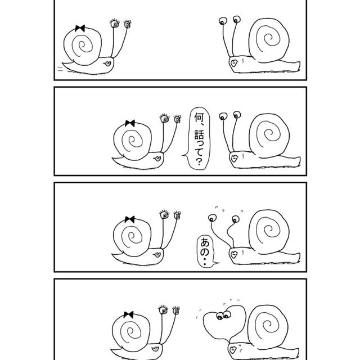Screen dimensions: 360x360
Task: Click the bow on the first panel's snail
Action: pos(80,28)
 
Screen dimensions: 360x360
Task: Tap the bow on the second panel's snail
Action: pos(130,123)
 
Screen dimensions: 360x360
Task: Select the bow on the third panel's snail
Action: pos(129,219)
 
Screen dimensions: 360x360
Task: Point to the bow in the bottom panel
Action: pos(128,315)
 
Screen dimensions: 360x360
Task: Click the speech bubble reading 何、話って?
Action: pos(199,139)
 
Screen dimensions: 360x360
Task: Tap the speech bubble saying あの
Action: pos(206,251)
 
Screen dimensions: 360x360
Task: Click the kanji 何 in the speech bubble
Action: pos(199,118)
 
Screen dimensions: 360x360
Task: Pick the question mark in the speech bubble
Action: pos(199,162)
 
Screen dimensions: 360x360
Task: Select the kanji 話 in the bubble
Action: pos(199,135)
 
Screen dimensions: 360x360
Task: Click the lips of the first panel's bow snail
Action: pos(107,64)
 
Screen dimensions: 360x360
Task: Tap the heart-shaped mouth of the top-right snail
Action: pos(234,63)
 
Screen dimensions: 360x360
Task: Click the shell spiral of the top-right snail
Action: pos(269,40)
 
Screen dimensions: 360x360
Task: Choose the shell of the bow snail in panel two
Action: pos(133,141)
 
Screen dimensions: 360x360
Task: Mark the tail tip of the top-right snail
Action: pos(299,66)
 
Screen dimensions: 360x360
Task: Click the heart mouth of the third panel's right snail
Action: pos(234,254)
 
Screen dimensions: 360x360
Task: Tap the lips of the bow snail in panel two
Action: pos(157,159)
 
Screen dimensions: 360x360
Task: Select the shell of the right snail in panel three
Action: pos(269,231)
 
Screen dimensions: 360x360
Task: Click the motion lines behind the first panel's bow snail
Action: pos(60,69)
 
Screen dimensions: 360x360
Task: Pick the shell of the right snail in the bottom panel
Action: pos(268,327)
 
